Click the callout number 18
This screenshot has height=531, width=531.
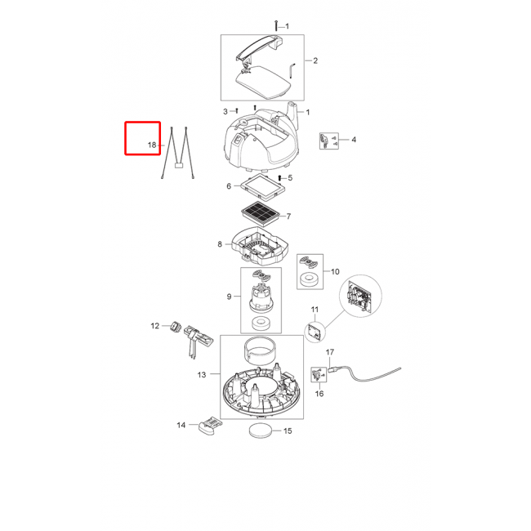pyautogui.click(x=152, y=145)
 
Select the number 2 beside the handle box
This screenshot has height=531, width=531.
pyautogui.click(x=315, y=60)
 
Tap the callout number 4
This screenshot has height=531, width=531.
pyautogui.click(x=354, y=140)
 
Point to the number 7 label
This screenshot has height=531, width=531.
pyautogui.click(x=288, y=216)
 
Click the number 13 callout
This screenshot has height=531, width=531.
pyautogui.click(x=202, y=374)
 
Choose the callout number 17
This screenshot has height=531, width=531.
pyautogui.click(x=330, y=352)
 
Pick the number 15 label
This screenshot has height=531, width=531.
pyautogui.click(x=288, y=431)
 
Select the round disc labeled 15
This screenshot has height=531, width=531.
pyautogui.click(x=261, y=431)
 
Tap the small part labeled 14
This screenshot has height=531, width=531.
pyautogui.click(x=210, y=426)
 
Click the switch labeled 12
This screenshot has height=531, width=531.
pyautogui.click(x=176, y=327)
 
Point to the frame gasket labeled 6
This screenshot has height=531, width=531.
pyautogui.click(x=262, y=186)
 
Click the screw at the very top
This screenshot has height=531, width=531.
pyautogui.click(x=276, y=25)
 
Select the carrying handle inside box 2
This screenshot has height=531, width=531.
pyautogui.click(x=259, y=47)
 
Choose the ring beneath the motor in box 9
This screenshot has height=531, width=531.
pyautogui.click(x=261, y=323)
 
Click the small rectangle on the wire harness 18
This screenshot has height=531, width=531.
pyautogui.click(x=178, y=166)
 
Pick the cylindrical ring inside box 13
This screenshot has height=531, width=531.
pyautogui.click(x=261, y=350)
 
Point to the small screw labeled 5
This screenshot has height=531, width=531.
pyautogui.click(x=279, y=178)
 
